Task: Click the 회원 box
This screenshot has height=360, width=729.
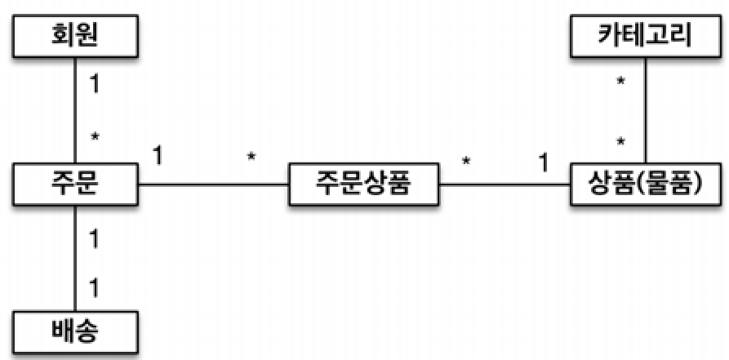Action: click(x=76, y=36)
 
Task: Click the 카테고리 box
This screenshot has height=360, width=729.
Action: click(x=646, y=36)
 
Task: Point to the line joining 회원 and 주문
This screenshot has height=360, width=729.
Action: click(x=76, y=109)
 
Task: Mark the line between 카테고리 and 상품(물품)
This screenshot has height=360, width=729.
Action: click(x=646, y=109)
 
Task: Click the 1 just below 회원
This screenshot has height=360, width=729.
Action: click(x=95, y=84)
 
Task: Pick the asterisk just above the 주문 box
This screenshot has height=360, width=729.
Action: click(x=96, y=137)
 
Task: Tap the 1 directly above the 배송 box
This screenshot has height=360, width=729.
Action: click(x=95, y=288)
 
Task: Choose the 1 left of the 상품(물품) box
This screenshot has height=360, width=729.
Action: click(x=543, y=162)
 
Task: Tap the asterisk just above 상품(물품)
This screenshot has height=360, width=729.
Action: click(x=621, y=143)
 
